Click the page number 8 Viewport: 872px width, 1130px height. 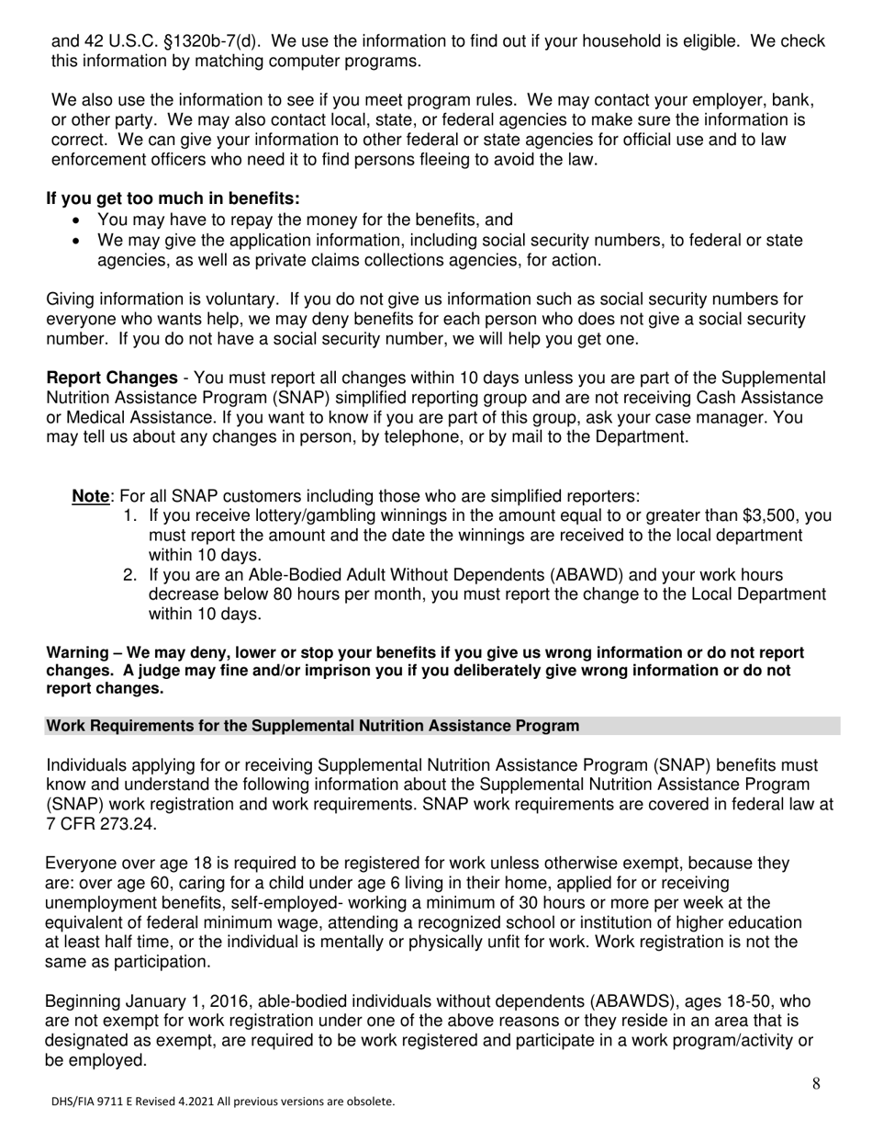click(816, 1085)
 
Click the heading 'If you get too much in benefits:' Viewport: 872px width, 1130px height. click(173, 198)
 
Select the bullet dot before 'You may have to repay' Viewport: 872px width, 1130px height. click(76, 220)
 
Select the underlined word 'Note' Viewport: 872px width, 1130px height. click(90, 496)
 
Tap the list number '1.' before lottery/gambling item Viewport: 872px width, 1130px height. click(130, 515)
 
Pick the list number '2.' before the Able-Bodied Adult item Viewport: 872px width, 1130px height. click(130, 575)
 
